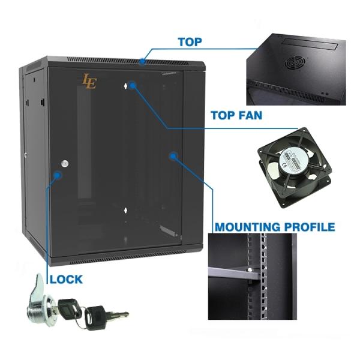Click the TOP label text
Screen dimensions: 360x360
(x=190, y=42)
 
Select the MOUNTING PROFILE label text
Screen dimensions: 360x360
(x=275, y=227)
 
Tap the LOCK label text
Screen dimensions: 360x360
(x=66, y=279)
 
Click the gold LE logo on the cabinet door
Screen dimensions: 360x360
(x=89, y=81)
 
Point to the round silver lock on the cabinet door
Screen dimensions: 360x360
(x=65, y=163)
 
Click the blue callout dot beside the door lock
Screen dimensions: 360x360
(x=58, y=175)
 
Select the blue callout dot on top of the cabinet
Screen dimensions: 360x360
(x=142, y=61)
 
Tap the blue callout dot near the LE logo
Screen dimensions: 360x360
(x=133, y=85)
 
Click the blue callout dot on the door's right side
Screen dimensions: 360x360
(x=173, y=157)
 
